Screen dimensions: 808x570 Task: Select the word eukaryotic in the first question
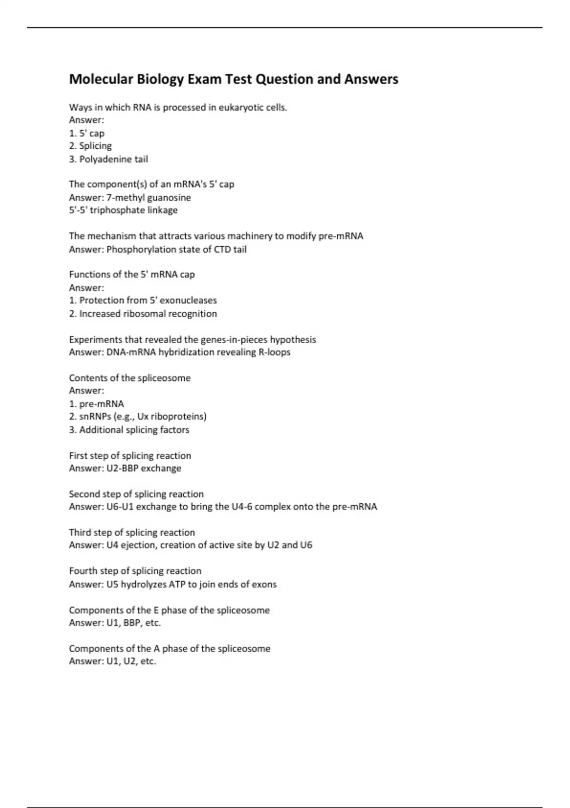pos(241,107)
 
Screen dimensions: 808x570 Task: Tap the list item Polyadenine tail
pos(114,159)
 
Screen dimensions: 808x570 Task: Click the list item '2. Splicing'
pos(90,146)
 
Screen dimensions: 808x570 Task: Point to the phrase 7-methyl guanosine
pos(149,197)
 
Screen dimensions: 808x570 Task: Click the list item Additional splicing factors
pos(134,430)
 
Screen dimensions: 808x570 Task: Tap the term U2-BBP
pos(122,468)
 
